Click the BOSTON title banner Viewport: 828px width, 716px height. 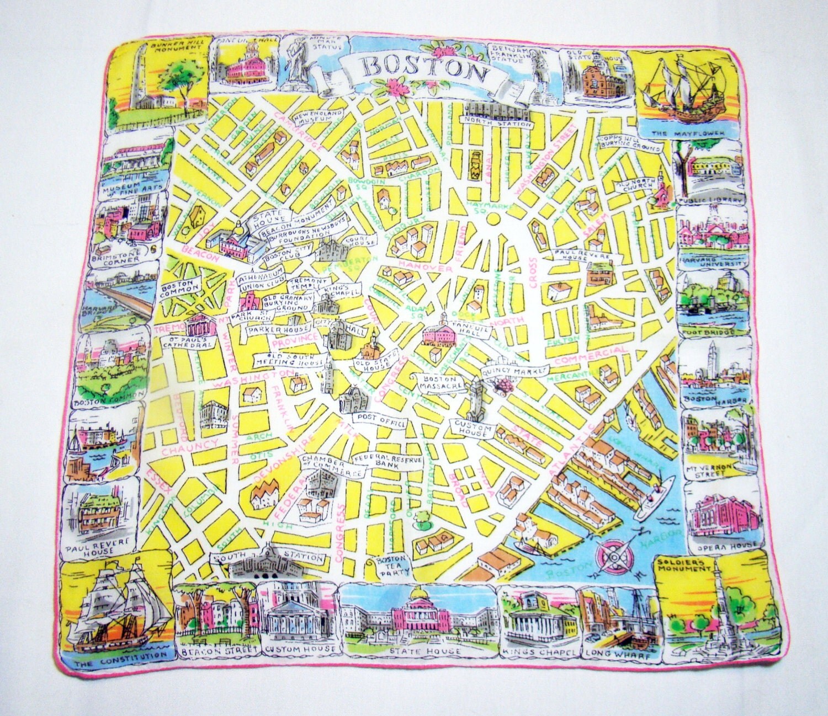pyautogui.click(x=419, y=68)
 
